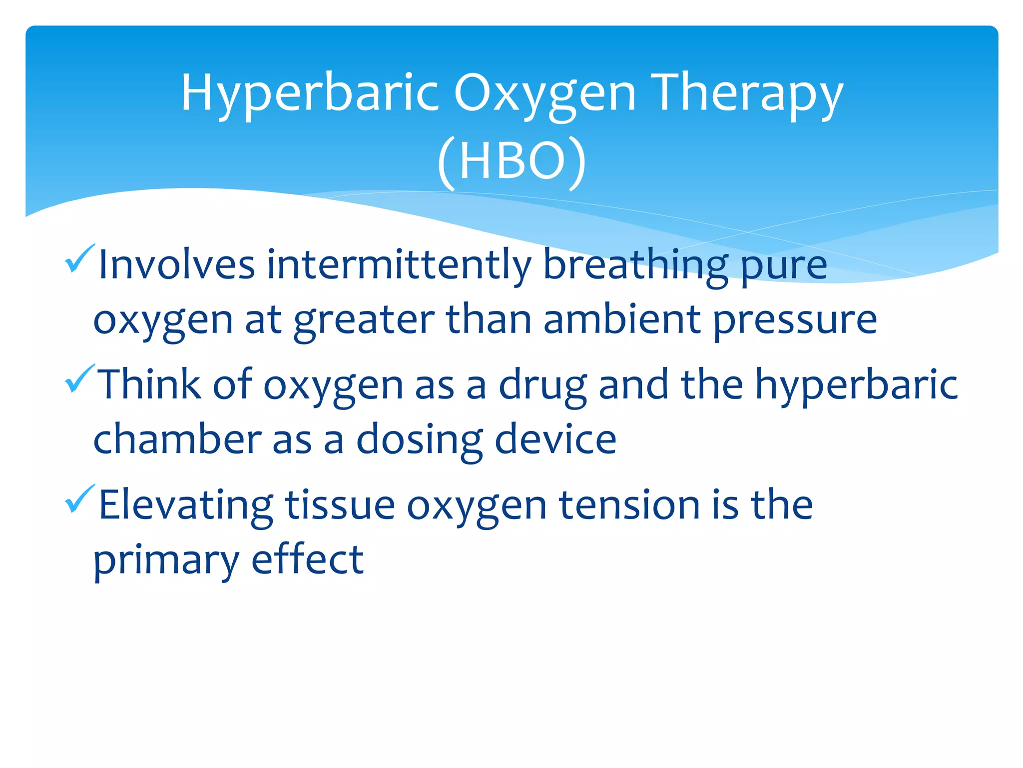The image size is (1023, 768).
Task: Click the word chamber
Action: [x=177, y=439]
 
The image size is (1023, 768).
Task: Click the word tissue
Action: [x=340, y=504]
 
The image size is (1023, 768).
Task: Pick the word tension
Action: [x=629, y=504]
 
